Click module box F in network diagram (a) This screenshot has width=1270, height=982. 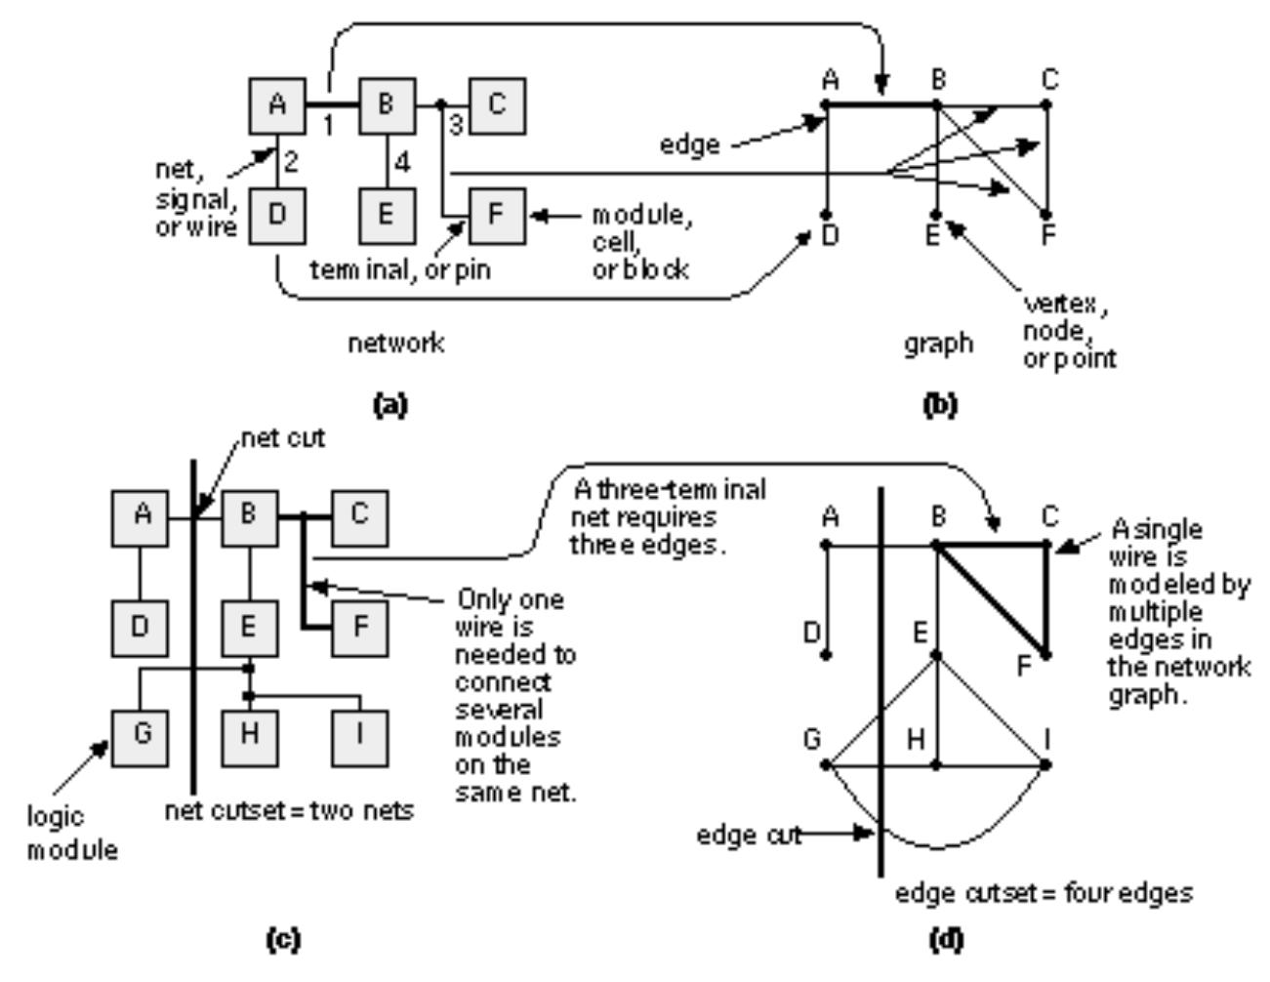(x=498, y=216)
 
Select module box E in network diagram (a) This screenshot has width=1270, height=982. (x=387, y=216)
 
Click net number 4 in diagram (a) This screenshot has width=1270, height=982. (x=402, y=162)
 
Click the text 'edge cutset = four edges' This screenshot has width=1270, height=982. (x=1044, y=893)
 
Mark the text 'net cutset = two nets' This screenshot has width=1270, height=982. (x=289, y=810)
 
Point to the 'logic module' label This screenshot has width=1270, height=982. (x=71, y=833)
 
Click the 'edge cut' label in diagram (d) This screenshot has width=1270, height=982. (x=748, y=836)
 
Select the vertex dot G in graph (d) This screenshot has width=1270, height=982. (x=827, y=765)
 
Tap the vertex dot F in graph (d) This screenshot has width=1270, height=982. (x=1046, y=656)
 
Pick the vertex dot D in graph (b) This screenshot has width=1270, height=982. (x=827, y=215)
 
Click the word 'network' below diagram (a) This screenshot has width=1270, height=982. (x=396, y=344)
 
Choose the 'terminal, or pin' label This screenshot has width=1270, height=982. (x=400, y=270)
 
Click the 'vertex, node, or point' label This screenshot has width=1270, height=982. (x=1069, y=332)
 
